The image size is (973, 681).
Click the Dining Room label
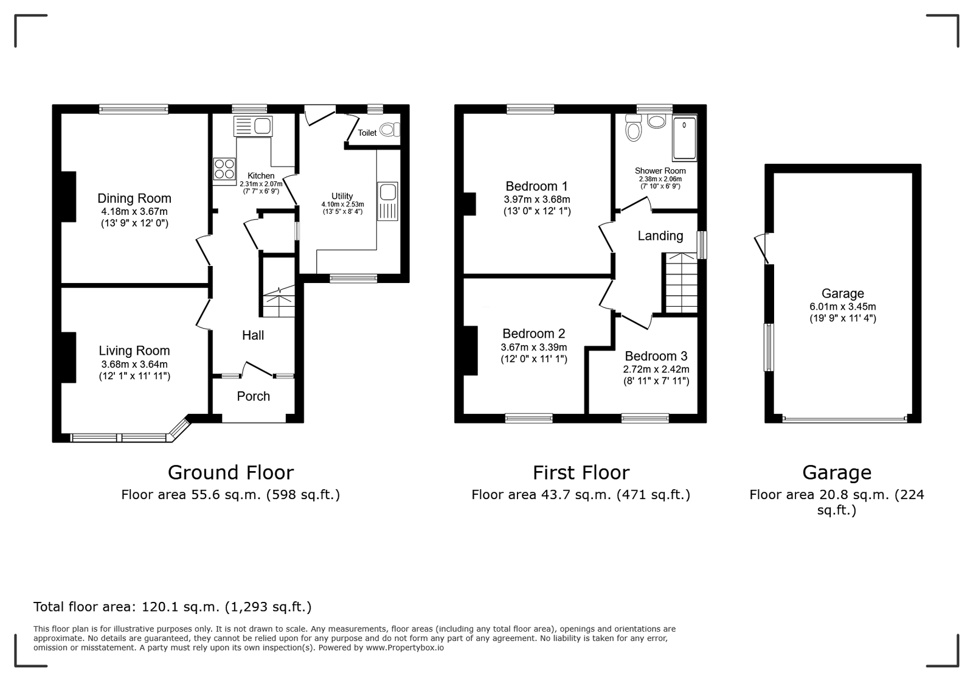(134, 198)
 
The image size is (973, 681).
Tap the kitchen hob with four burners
(224, 169)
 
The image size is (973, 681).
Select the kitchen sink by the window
(253, 127)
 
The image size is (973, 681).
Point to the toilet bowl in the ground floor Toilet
(390, 130)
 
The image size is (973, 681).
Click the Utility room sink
(387, 201)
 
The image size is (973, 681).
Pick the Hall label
(253, 335)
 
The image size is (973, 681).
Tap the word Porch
(253, 396)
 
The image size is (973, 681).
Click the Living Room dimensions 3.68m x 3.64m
(134, 364)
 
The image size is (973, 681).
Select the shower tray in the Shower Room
(684, 138)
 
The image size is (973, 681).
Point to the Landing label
(660, 236)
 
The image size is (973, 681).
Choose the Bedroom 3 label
(656, 356)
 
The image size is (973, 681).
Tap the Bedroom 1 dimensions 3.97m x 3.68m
(537, 200)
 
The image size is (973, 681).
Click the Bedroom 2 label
(534, 334)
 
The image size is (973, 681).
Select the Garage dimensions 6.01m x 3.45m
(843, 306)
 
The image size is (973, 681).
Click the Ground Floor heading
(230, 472)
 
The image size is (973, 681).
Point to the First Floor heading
(581, 472)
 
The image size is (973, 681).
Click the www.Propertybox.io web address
(405, 648)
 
